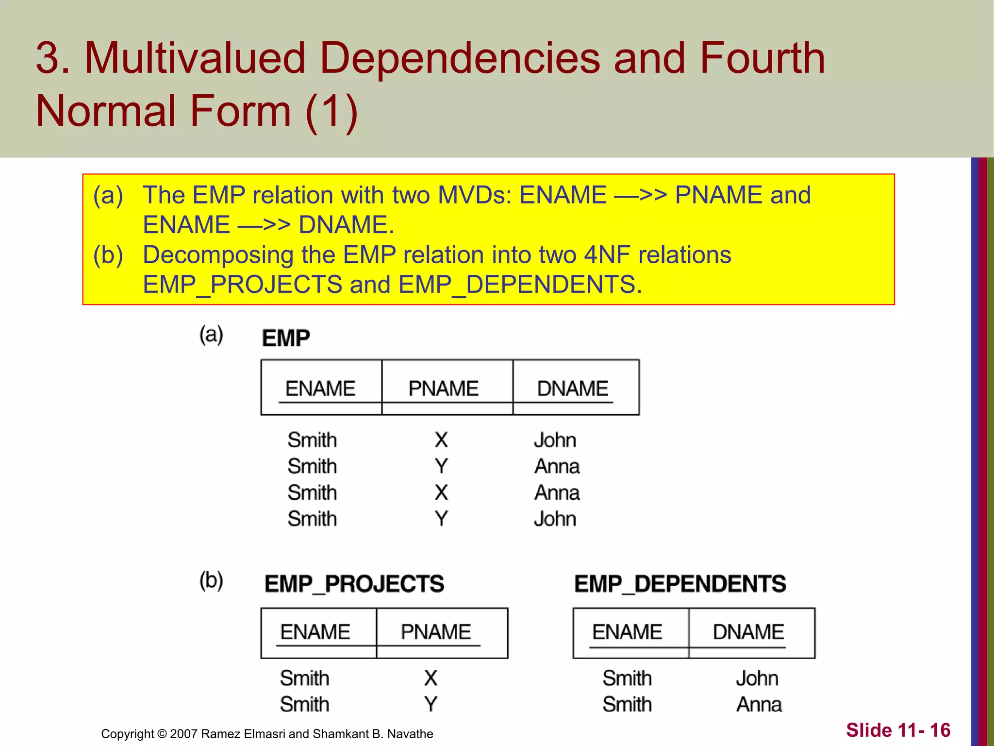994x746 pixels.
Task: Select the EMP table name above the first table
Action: coord(286,338)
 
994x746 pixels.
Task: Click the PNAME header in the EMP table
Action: coord(443,389)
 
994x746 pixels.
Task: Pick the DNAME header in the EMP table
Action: coord(573,389)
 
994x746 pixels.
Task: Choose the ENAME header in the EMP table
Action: coord(320,389)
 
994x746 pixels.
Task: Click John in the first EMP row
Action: coord(555,440)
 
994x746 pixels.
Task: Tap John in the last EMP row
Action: coord(555,519)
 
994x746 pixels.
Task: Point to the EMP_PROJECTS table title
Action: coord(354,584)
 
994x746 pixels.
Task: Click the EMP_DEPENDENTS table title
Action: coord(680,584)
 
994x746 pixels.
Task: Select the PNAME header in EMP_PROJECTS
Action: coord(436,632)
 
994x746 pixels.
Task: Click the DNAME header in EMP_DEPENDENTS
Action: coord(748,632)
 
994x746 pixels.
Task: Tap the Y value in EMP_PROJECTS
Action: coord(431,704)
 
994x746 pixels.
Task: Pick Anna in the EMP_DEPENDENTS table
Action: coord(759,704)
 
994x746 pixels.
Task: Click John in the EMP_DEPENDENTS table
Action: coord(757,678)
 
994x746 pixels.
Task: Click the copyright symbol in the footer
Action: coord(162,734)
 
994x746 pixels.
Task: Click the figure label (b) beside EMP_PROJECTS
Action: coord(211,580)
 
